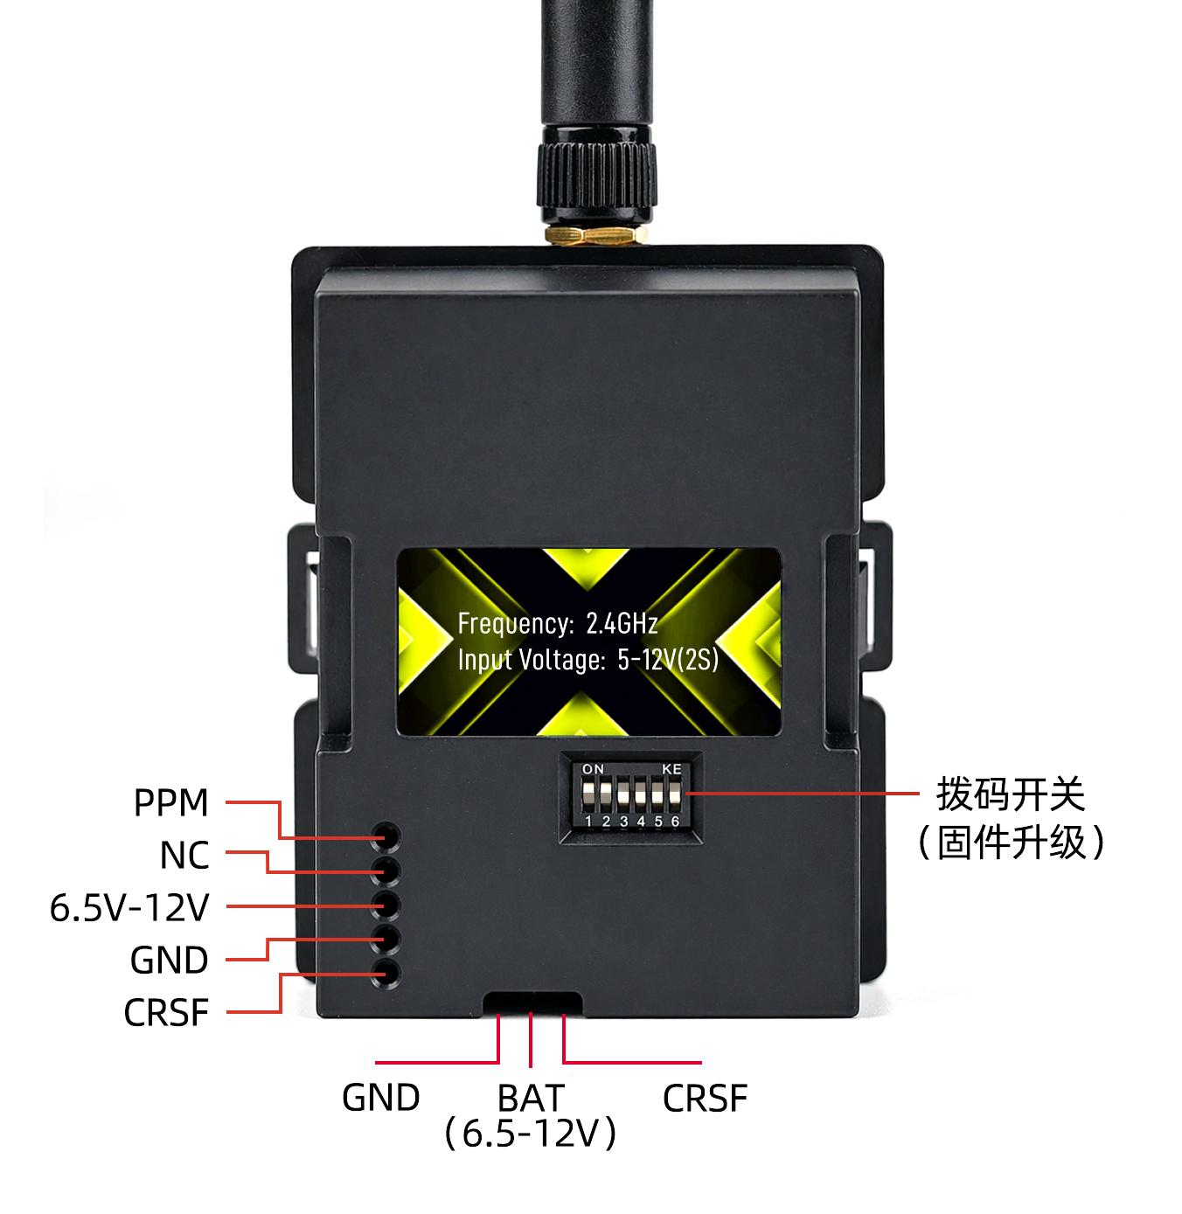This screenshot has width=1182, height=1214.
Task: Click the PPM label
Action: click(171, 802)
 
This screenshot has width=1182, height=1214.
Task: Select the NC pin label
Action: click(184, 856)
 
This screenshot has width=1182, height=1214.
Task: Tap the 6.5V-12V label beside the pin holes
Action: click(129, 908)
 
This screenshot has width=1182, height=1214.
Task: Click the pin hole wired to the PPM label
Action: click(386, 836)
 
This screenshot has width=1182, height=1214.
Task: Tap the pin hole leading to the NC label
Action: click(386, 871)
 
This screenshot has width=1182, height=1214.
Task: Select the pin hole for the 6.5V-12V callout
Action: click(386, 905)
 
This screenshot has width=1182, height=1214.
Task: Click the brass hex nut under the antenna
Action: click(595, 235)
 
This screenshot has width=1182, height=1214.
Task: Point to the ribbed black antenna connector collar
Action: click(596, 176)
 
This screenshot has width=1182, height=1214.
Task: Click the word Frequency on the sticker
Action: click(515, 623)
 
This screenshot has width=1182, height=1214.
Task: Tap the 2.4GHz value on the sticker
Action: click(622, 623)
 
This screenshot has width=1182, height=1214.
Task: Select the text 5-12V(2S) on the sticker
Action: click(668, 659)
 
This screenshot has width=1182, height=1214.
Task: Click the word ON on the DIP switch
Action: click(593, 769)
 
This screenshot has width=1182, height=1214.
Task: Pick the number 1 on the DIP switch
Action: click(588, 822)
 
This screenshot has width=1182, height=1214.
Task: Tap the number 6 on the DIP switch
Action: click(675, 822)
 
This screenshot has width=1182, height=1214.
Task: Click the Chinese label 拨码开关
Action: click(1011, 794)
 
